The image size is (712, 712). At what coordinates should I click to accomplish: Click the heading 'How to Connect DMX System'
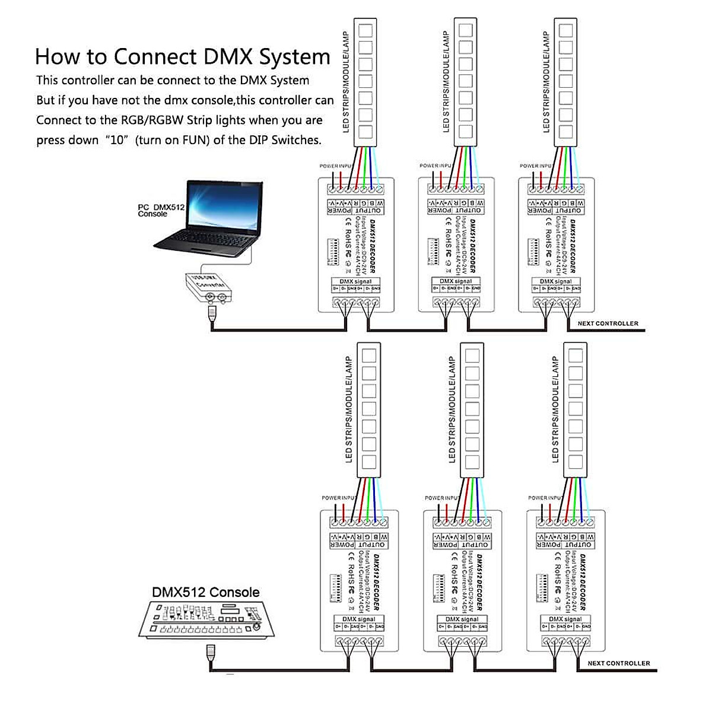click(x=182, y=57)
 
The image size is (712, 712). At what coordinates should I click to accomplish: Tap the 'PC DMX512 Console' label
click(x=161, y=211)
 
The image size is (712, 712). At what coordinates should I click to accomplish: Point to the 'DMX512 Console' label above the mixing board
click(x=206, y=592)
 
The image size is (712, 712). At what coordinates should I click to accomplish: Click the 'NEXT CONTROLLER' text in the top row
click(x=608, y=323)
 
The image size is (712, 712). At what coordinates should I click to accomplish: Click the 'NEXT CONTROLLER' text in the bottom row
click(x=619, y=663)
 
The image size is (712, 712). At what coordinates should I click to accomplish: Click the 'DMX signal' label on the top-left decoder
click(x=355, y=281)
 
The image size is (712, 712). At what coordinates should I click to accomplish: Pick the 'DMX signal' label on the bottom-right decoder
click(x=565, y=619)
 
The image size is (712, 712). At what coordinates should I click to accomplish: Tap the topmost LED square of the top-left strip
click(x=365, y=28)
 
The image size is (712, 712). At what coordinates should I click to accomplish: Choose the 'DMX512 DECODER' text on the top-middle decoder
click(x=473, y=246)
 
